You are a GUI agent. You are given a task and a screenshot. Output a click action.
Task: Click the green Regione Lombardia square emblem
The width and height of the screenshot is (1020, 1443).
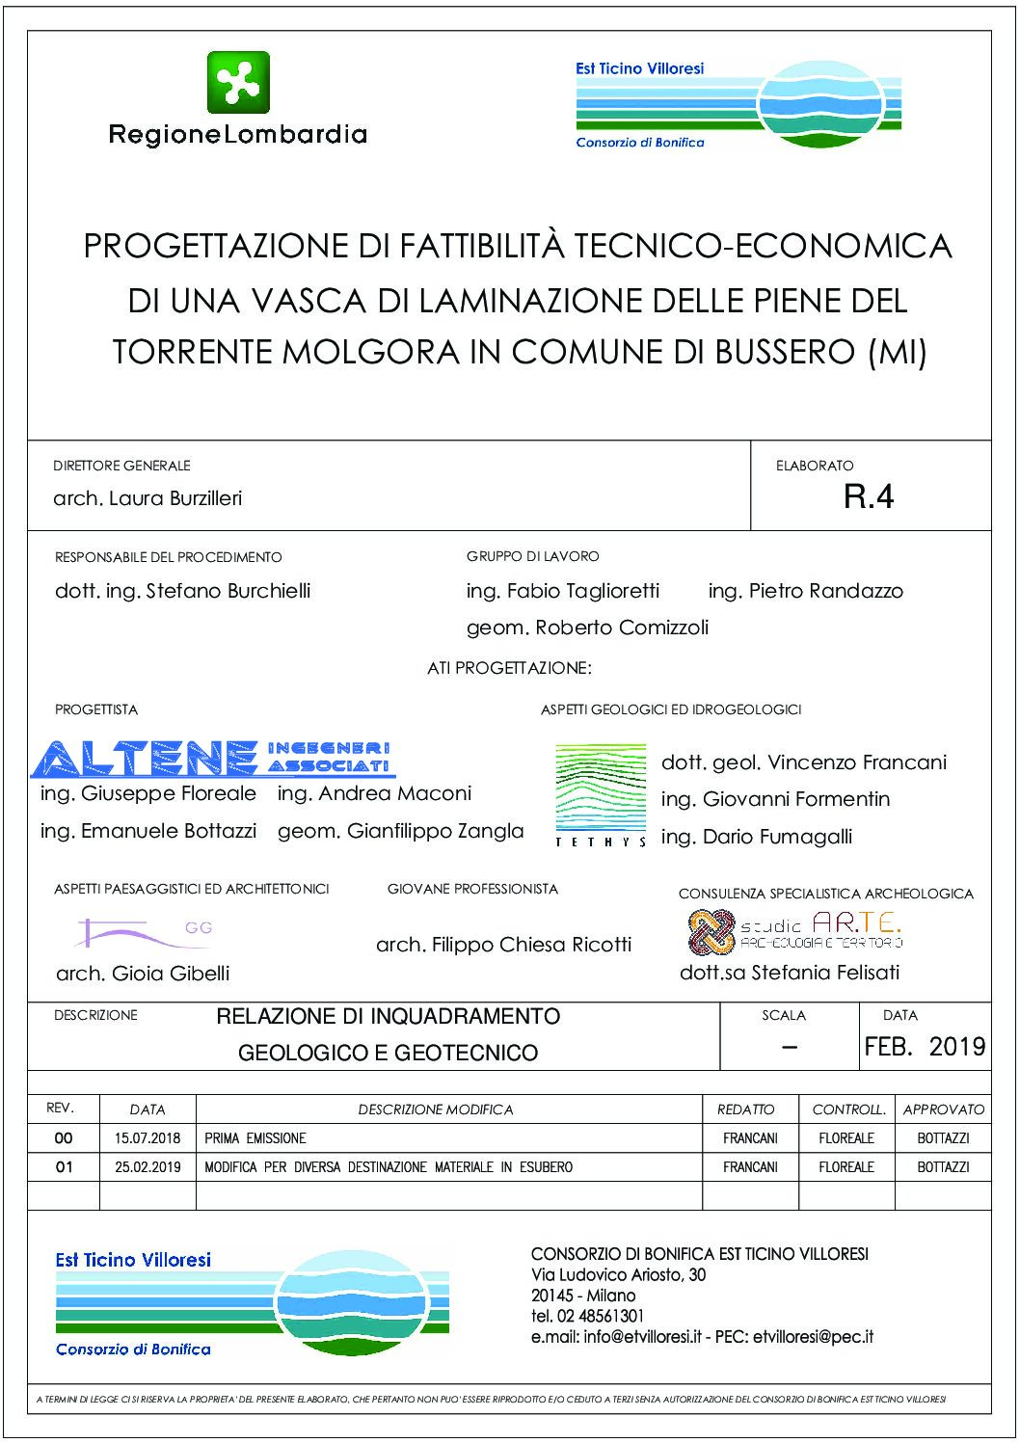pos(238,83)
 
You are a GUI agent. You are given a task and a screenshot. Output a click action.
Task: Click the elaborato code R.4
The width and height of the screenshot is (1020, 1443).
pos(869,496)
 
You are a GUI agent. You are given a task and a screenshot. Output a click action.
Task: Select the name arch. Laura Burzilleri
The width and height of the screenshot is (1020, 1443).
pos(148,498)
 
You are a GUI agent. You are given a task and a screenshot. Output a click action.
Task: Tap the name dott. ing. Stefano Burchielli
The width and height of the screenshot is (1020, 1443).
pos(182,591)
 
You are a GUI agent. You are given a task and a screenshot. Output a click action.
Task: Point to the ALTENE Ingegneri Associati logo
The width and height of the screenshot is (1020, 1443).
pos(213,759)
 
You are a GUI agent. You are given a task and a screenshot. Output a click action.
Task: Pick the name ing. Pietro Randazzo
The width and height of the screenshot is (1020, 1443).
pos(805,591)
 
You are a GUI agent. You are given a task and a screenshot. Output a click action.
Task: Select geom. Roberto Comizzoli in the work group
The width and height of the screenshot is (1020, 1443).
pos(587,628)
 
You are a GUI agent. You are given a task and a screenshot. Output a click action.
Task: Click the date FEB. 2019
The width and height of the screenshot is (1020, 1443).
pos(925,1047)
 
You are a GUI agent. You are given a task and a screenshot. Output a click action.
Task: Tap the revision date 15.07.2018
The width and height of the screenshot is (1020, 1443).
pos(148,1138)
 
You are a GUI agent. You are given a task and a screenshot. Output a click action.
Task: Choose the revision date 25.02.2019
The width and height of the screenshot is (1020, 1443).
pos(148,1167)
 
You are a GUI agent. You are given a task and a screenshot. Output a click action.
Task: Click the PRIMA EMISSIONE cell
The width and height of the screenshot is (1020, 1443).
pos(255,1138)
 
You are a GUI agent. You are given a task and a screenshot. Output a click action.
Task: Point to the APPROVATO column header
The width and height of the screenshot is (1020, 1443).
pos(943,1109)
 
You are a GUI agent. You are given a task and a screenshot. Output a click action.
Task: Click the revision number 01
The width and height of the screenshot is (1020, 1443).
pos(64,1167)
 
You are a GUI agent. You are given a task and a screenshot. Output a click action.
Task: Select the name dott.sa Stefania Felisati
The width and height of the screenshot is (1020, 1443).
pos(789,973)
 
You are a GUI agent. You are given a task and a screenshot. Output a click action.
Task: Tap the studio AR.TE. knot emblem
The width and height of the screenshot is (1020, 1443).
pos(711,932)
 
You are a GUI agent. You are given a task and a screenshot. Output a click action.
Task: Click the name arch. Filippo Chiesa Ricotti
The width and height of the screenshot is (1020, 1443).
pos(503,945)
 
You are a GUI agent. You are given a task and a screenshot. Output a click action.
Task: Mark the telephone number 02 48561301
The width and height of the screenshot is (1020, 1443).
pos(600,1316)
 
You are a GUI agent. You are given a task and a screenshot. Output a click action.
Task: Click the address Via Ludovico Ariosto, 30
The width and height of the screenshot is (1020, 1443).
pos(618,1275)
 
